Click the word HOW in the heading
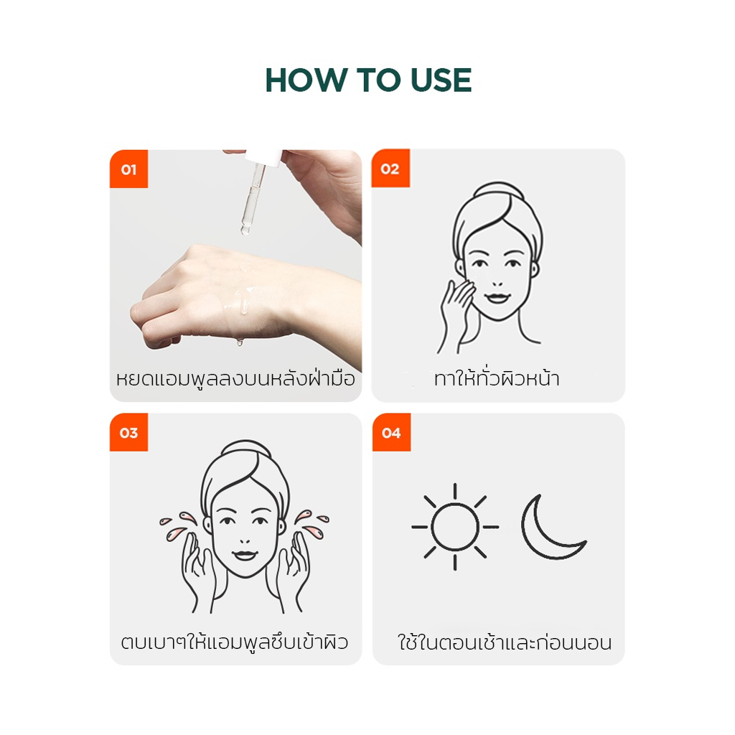305,80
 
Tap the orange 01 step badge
129,169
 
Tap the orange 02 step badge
390,169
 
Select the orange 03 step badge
129,432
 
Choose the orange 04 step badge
391,432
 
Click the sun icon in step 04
454,527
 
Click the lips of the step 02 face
497,298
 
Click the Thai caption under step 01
235,379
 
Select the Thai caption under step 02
497,378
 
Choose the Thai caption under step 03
235,642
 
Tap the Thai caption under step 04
505,642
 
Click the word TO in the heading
378,80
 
